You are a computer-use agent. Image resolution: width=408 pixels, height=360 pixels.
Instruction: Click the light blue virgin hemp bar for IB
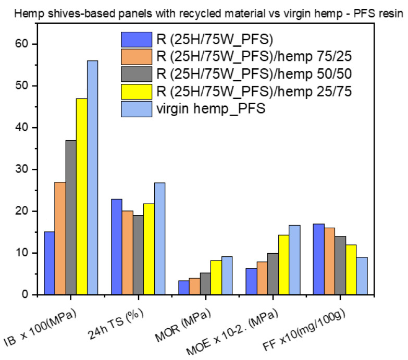pyautogui.click(x=92, y=178)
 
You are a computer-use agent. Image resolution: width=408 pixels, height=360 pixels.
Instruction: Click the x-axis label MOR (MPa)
pyautogui.click(x=186, y=324)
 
